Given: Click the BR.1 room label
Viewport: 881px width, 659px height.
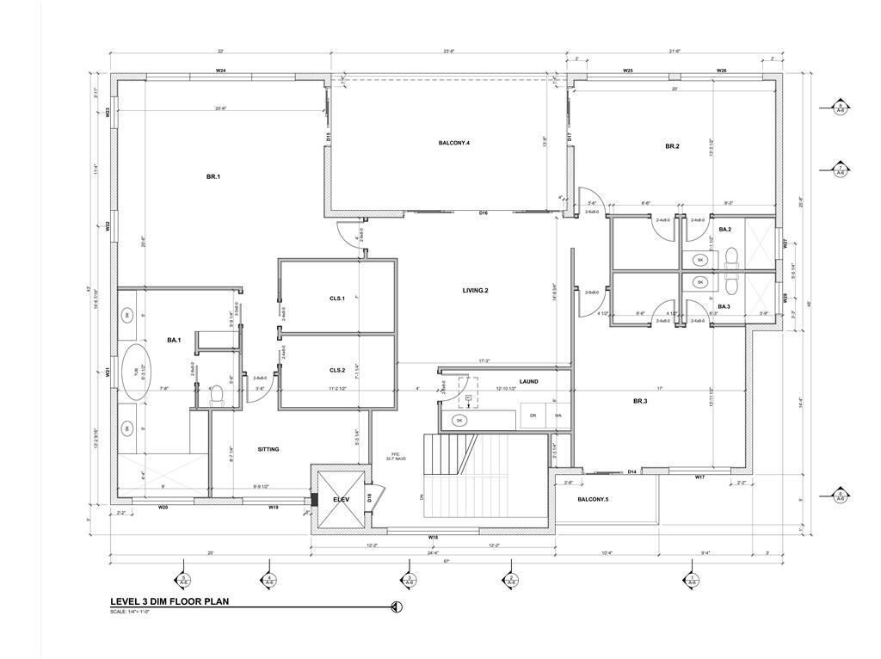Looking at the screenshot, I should (x=213, y=176).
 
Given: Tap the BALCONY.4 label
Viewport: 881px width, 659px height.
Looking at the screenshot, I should (x=454, y=142).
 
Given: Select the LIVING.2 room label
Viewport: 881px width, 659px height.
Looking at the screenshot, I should (x=475, y=291).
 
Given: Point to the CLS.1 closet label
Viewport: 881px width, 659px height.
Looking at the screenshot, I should (x=337, y=299).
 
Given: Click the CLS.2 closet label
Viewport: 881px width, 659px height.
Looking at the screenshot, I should (x=337, y=370).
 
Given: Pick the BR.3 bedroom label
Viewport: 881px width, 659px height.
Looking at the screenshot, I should (x=640, y=401).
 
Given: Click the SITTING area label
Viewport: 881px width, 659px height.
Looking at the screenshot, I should (x=268, y=449).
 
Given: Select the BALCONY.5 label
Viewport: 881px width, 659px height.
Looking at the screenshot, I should (x=592, y=500).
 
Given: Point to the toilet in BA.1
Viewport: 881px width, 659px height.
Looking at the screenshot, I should (x=217, y=395).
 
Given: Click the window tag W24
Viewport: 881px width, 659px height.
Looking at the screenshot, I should (x=220, y=71).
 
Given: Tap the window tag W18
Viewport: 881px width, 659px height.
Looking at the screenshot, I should (x=433, y=538).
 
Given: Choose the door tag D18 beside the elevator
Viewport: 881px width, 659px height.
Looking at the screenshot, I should (x=369, y=497).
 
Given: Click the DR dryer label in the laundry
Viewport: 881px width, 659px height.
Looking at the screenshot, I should (x=533, y=416).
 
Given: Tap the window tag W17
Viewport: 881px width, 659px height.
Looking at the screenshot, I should (x=699, y=477).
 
